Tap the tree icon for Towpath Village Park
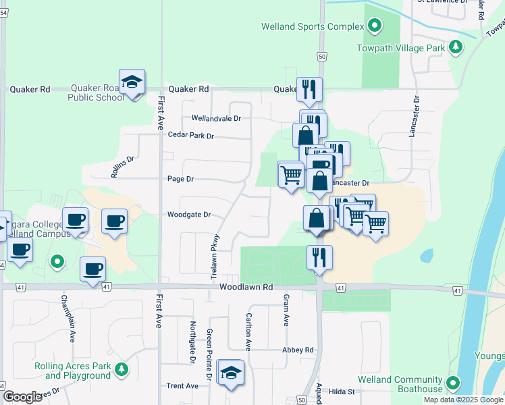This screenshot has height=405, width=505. click(x=456, y=47)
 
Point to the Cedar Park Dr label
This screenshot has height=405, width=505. click(x=190, y=136)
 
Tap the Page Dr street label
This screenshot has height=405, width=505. click(x=180, y=179)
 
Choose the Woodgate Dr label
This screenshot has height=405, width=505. click(x=189, y=215)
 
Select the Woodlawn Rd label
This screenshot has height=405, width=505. click(x=246, y=287)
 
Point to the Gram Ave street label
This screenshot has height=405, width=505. click(x=286, y=310)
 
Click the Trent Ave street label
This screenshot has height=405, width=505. click(x=182, y=386)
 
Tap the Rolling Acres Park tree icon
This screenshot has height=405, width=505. click(x=121, y=369)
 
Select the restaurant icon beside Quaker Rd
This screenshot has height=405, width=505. click(x=309, y=88)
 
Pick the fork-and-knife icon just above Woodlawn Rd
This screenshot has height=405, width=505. click(x=319, y=257)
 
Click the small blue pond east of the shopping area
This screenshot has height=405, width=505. click(x=426, y=256)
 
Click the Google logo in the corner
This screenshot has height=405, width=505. click(x=22, y=397)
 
